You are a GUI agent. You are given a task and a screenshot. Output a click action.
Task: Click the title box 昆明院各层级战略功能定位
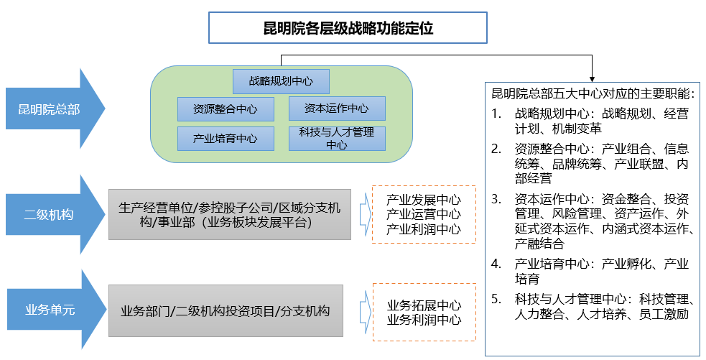[348, 29]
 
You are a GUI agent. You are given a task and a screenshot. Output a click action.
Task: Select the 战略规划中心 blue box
[281, 80]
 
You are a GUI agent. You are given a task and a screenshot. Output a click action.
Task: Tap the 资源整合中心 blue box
[225, 109]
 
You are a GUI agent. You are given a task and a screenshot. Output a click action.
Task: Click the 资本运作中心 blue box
[336, 109]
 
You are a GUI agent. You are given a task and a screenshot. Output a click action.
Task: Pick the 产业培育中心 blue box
[225, 139]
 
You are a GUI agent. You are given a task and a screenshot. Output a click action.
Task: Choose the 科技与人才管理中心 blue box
[336, 138]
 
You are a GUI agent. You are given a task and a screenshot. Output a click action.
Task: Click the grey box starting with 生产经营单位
[229, 214]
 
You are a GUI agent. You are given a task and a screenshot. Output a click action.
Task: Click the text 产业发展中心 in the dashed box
[423, 200]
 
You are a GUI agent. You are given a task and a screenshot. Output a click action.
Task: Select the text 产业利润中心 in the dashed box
[423, 229]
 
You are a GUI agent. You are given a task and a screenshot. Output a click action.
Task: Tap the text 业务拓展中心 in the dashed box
[424, 305]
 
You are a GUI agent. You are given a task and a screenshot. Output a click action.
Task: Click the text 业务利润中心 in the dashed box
[424, 320]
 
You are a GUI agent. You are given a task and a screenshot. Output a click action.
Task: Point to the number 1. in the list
[496, 114]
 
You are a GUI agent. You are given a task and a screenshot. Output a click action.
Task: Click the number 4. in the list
[496, 264]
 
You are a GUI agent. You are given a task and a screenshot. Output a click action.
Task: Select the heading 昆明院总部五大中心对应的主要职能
[593, 94]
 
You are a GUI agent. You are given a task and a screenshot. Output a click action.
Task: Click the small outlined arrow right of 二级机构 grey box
[362, 214]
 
